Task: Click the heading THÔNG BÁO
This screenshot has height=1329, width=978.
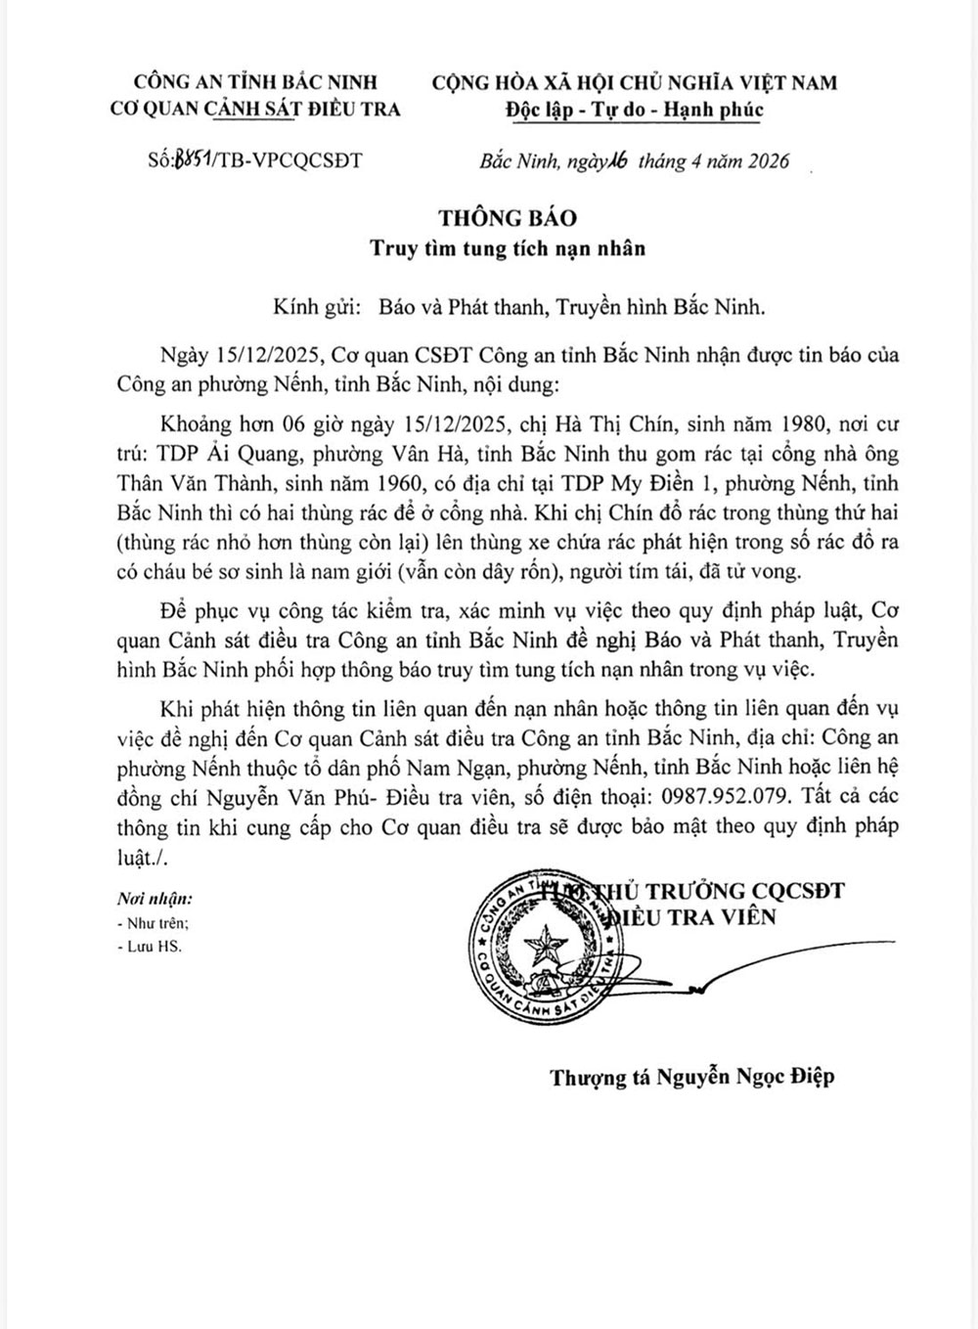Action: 508,217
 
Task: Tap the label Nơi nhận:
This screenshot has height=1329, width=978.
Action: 155,899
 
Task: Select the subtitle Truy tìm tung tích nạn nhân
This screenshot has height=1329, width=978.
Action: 508,247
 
